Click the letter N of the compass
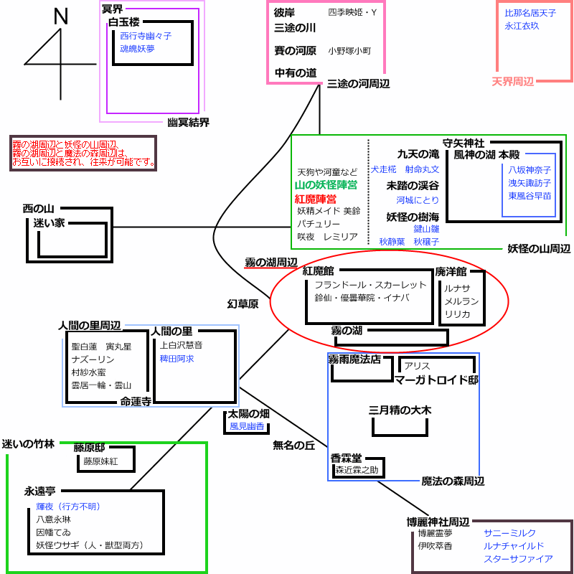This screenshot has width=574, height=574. pos(61,17)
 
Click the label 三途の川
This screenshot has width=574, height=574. pos(295,29)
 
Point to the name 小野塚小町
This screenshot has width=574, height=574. pos(349,51)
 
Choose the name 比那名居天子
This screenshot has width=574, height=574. pos(530,13)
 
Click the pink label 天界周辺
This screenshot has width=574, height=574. pos(512,82)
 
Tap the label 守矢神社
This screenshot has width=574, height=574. pos(464,142)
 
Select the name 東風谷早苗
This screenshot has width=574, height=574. pos(530,196)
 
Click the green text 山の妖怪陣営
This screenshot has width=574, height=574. pos(326,185)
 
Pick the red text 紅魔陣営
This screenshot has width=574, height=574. pos(316,198)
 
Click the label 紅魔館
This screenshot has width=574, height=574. pos(318,270)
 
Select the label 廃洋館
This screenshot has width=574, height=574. pos(451,272)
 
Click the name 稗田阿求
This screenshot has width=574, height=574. pos(177,358)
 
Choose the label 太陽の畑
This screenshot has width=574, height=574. pos(248,414)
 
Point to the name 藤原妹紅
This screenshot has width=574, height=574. pos(100,461)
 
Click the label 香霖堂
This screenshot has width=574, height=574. pos(346,457)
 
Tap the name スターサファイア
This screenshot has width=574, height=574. pos(518,558)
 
